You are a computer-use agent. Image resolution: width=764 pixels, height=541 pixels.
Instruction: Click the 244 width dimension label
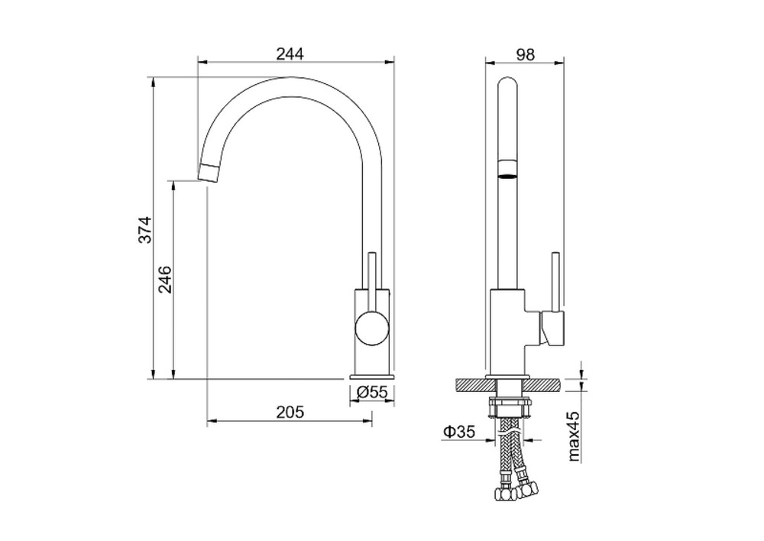click(x=290, y=53)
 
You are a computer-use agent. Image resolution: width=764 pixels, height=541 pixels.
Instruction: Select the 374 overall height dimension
click(x=145, y=229)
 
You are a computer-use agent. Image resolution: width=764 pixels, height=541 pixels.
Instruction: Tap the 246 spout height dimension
click(x=166, y=279)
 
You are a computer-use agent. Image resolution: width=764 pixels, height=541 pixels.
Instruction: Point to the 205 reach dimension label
click(x=290, y=413)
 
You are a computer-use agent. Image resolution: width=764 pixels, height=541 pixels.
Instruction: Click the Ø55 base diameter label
click(x=372, y=392)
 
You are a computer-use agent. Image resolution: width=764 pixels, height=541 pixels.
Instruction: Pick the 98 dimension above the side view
click(x=525, y=54)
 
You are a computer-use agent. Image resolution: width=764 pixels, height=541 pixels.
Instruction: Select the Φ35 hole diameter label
click(x=459, y=431)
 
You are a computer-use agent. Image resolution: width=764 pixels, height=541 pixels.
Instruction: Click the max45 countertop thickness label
click(x=574, y=436)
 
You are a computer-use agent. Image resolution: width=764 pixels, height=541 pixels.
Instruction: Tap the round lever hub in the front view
click(x=372, y=329)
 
